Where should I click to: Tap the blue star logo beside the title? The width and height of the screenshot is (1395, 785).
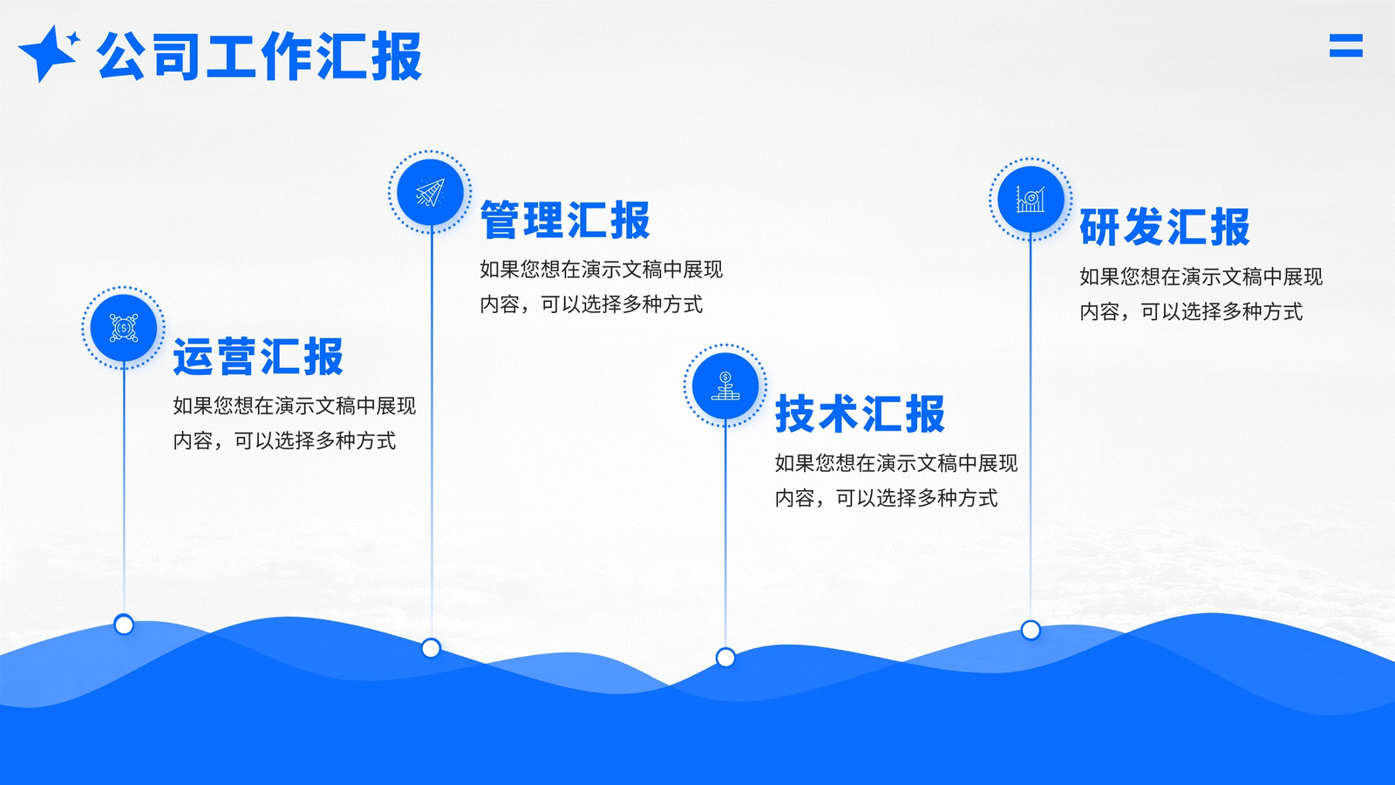(49, 53)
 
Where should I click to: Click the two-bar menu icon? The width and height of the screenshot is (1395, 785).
(1346, 45)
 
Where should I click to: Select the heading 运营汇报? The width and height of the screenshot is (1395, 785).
(258, 357)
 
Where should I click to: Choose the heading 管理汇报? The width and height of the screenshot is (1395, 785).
(565, 220)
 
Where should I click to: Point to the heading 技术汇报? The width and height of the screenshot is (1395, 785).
(860, 413)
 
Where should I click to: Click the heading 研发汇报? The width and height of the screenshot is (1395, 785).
(1165, 227)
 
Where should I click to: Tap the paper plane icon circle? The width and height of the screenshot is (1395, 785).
(431, 192)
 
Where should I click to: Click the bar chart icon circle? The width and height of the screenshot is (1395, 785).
(1031, 200)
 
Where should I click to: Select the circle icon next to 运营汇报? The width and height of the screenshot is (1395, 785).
(123, 328)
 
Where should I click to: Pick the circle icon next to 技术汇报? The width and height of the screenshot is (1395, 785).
(725, 385)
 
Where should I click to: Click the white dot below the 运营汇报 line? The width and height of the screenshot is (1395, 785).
(124, 625)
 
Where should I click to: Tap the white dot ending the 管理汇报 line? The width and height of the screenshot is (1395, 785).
(431, 648)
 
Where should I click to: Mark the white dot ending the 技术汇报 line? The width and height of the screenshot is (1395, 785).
(725, 658)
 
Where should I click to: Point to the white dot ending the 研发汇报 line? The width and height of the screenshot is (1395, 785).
(1031, 630)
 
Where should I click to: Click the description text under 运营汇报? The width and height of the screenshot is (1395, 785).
(294, 423)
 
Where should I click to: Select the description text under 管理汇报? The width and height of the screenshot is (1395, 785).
(601, 287)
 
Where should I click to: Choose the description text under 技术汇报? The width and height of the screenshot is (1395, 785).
(896, 481)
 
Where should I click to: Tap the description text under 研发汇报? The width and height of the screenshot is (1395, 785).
(1201, 293)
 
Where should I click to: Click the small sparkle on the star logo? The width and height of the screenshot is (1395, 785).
(73, 38)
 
